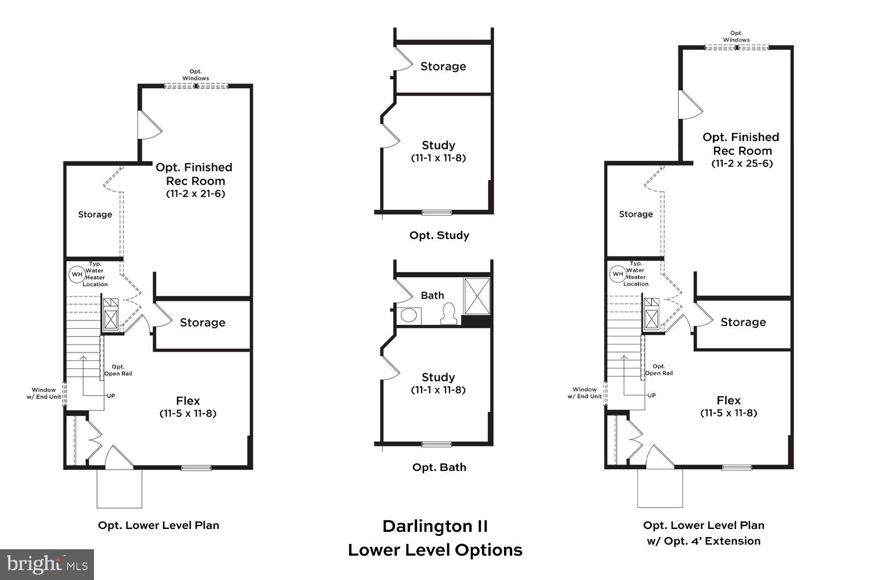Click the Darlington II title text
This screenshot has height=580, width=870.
435,526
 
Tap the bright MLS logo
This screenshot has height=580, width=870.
47,564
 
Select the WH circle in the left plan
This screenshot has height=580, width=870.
77,274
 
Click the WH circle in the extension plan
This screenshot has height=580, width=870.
618,274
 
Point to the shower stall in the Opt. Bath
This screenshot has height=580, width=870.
477,296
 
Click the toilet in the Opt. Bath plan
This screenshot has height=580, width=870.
448,314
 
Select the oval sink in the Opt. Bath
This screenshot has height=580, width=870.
409,316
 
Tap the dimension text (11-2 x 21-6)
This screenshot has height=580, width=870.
195,194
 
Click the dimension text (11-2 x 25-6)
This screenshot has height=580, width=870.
742,164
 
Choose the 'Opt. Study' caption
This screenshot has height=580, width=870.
439,235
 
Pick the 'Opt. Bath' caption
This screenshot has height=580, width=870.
439,467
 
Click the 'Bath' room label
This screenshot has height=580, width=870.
432,295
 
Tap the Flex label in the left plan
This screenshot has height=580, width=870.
188,401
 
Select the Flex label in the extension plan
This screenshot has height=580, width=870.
728,400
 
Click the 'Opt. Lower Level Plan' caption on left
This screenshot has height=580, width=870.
158,525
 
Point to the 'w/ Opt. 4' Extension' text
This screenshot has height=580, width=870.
704,541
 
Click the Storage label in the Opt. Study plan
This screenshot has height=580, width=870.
443,66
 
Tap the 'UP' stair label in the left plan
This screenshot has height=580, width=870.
111,396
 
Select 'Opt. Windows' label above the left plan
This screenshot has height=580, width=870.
195,75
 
